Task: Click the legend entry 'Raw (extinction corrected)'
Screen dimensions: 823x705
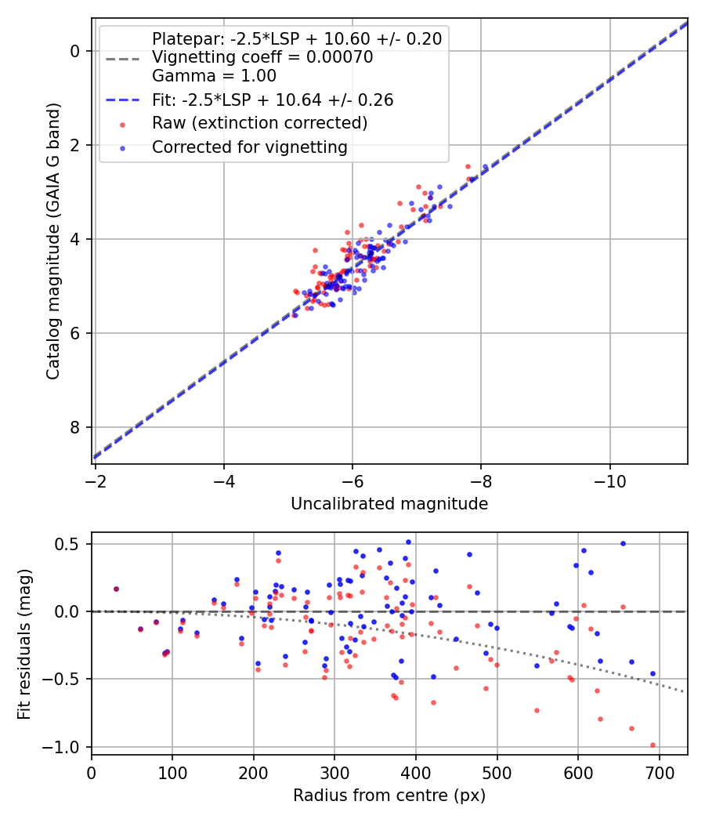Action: [259, 123]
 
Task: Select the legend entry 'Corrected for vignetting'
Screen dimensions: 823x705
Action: [249, 147]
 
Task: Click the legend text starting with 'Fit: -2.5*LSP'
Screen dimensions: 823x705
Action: [273, 100]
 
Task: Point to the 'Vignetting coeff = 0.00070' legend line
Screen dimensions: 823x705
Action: [262, 57]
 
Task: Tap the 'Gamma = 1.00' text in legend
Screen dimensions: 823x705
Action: [214, 76]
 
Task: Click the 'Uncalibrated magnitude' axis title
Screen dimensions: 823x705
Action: [389, 504]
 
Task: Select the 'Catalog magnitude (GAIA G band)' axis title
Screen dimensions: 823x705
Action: [52, 239]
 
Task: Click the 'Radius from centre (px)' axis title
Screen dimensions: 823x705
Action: [389, 796]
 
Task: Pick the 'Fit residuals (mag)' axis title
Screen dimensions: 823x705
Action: [24, 644]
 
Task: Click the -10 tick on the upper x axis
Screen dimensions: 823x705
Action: [609, 480]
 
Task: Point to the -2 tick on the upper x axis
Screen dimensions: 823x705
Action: [96, 480]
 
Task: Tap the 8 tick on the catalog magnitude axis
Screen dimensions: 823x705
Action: [75, 427]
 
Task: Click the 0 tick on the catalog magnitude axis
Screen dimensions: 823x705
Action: [75, 51]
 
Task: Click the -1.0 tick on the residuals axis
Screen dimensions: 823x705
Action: [66, 747]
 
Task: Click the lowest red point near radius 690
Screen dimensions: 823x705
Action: [653, 745]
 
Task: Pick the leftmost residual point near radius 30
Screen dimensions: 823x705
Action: [116, 589]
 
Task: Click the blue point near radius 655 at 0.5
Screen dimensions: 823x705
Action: [623, 543]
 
